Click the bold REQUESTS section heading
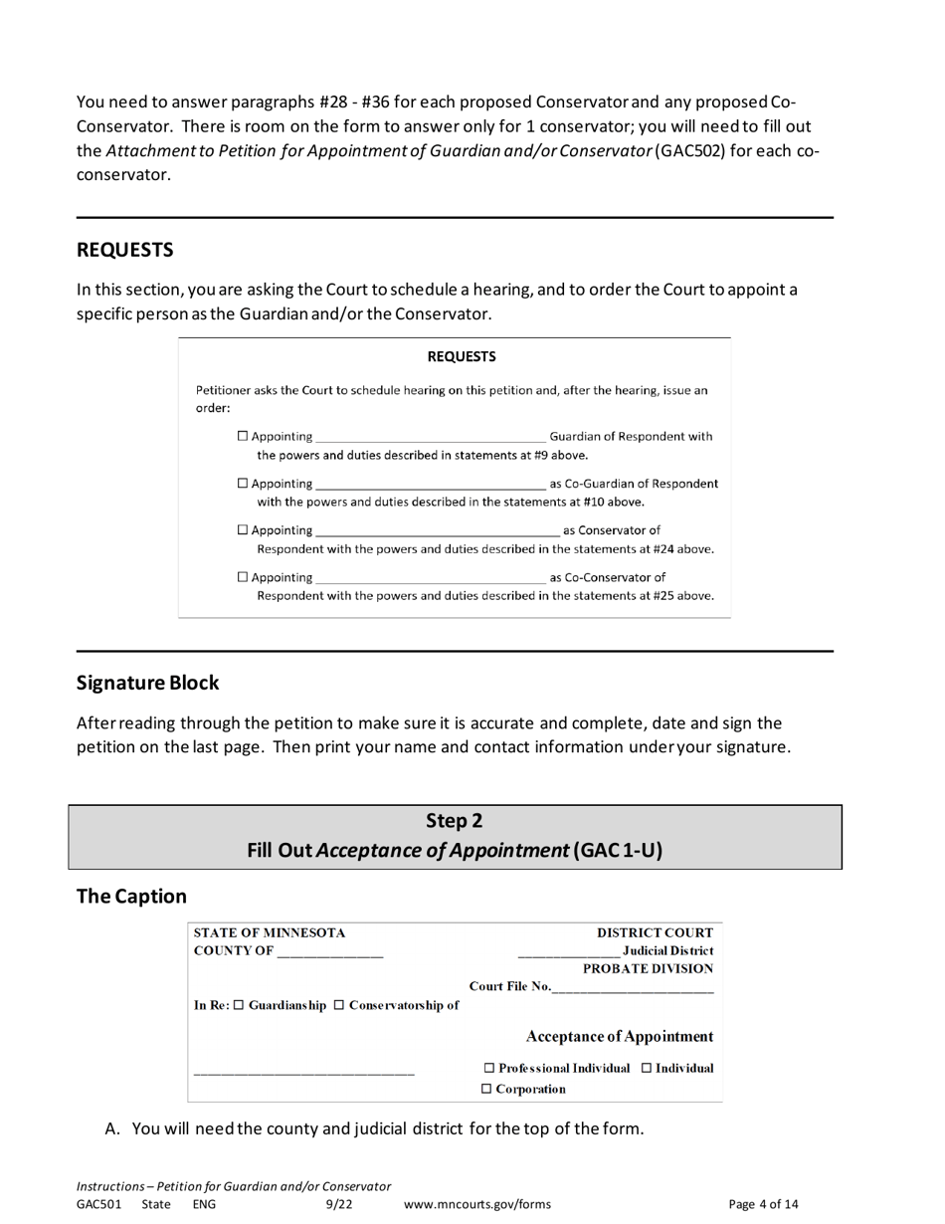[x=124, y=250]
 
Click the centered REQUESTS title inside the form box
[x=462, y=356]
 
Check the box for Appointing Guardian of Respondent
[x=244, y=437]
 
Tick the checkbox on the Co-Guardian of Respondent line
[x=244, y=484]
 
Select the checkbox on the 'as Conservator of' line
[x=244, y=530]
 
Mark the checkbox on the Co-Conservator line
[x=244, y=577]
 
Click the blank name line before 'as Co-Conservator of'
[x=430, y=578]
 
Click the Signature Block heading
[x=147, y=683]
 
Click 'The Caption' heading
[x=131, y=896]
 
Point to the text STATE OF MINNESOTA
[x=270, y=933]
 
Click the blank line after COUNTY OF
[x=330, y=952]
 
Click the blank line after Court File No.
[x=632, y=987]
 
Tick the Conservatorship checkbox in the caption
[x=339, y=1005]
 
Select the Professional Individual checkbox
[x=489, y=1068]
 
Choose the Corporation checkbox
[x=486, y=1089]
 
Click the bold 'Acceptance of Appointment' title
[x=619, y=1036]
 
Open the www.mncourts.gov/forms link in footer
[x=476, y=1204]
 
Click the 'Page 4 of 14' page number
[x=763, y=1204]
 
